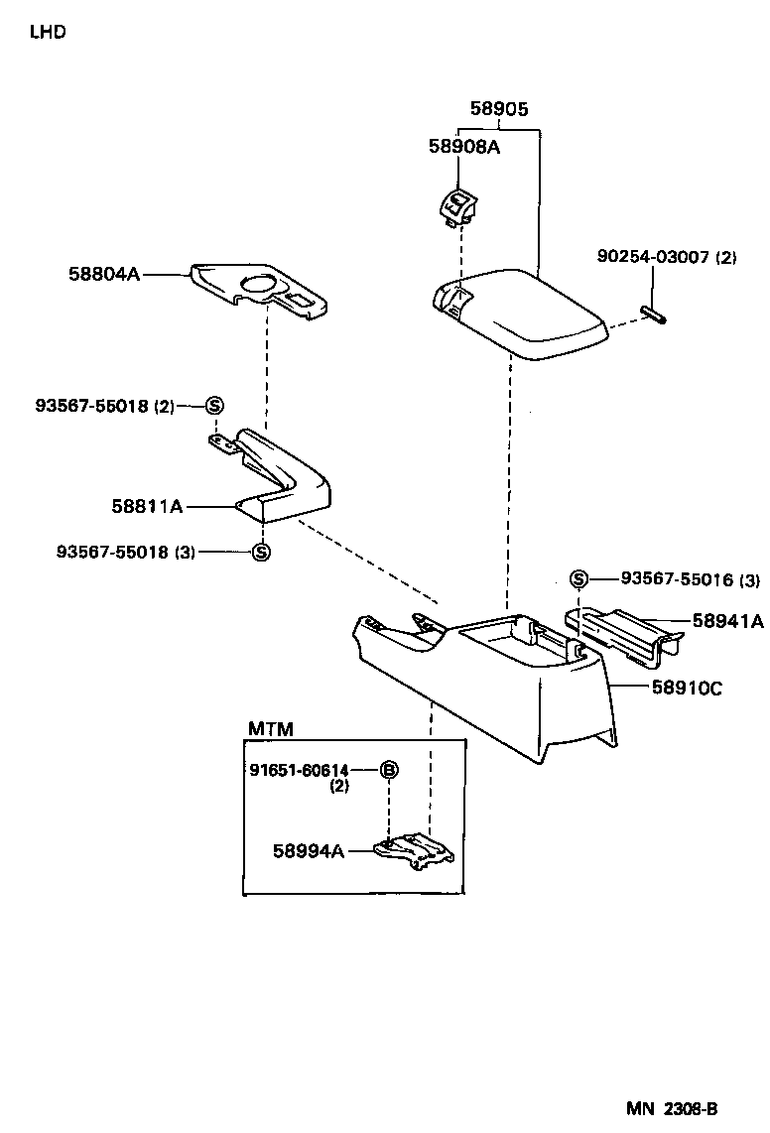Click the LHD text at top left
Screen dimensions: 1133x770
coord(48,32)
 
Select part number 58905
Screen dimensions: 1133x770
coord(498,110)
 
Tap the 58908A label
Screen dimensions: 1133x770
coord(463,147)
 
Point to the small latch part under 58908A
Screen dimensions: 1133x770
coord(457,205)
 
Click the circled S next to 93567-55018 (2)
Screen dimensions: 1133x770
coord(214,405)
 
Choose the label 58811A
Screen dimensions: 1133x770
coord(147,506)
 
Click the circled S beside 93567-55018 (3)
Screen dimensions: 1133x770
coord(261,552)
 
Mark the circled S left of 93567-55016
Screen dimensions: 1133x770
coord(579,579)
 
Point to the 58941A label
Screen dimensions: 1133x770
coord(727,622)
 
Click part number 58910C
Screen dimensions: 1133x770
coord(687,686)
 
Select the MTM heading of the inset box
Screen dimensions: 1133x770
coord(270,729)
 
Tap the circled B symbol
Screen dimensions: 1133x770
coord(390,770)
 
